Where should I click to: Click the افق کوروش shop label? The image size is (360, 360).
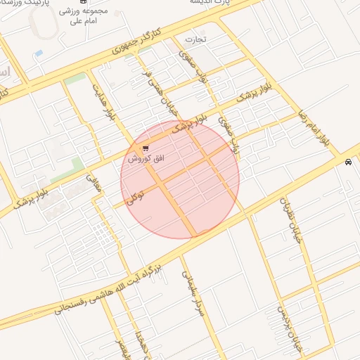click(x=146, y=160)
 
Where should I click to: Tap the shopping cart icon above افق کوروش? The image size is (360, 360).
click(x=146, y=148)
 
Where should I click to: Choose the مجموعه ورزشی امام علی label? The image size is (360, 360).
click(x=88, y=16)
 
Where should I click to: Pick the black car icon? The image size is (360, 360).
click(x=349, y=162)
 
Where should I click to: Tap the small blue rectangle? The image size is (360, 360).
click(x=39, y=53)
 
